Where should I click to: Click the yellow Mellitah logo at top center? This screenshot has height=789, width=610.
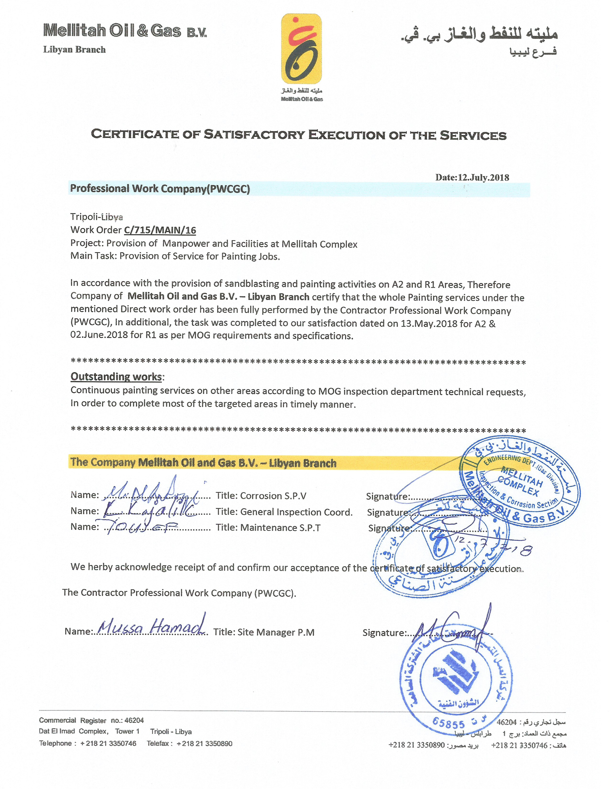tap(301, 49)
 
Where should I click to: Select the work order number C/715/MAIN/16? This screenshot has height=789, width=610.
tap(160, 230)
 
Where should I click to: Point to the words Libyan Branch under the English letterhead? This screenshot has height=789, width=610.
tap(74, 50)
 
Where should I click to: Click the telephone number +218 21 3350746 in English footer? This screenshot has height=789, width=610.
tap(108, 744)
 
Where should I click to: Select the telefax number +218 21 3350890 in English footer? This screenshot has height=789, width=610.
tap(205, 744)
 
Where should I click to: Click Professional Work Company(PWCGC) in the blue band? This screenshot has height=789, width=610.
tap(160, 189)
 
